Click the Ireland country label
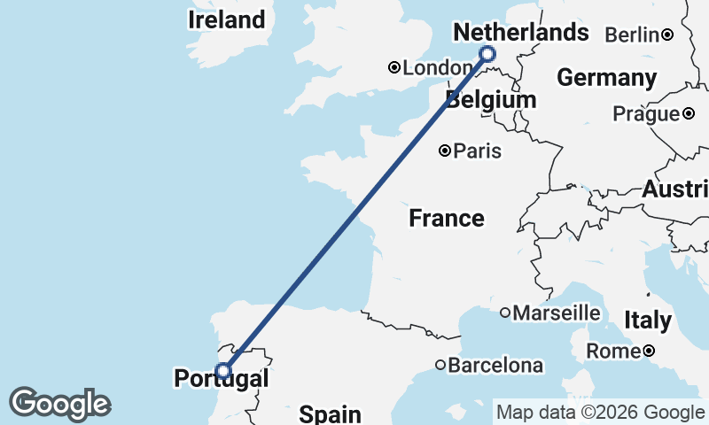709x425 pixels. (227, 19)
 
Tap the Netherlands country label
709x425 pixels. (520, 33)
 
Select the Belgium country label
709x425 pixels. (491, 99)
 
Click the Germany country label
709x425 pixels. (606, 77)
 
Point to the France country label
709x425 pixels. (447, 218)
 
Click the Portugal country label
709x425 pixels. (221, 379)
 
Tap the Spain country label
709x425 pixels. (330, 413)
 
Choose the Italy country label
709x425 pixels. (647, 320)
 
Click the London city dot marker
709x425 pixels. (395, 67)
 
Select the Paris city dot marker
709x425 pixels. (446, 151)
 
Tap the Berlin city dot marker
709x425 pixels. (667, 35)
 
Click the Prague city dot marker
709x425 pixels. (689, 113)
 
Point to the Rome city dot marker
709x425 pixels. (649, 352)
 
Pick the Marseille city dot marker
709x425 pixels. (505, 312)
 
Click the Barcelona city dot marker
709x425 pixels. (440, 365)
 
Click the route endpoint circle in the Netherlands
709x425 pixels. (487, 55)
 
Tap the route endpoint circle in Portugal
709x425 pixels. (223, 370)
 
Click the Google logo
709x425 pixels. (59, 404)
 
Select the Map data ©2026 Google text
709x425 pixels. (600, 412)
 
